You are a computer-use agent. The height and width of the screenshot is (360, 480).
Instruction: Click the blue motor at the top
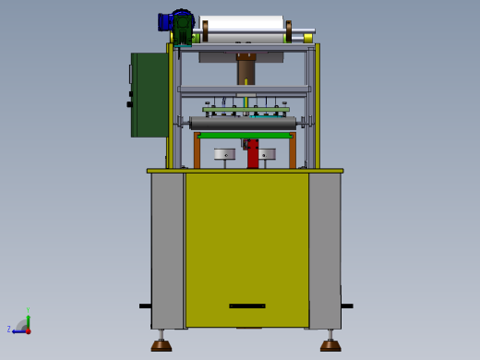coord(166,21)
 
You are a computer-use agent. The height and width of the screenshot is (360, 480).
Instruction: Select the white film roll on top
coord(243,24)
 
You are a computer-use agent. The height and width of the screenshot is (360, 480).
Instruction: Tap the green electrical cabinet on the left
coord(149,94)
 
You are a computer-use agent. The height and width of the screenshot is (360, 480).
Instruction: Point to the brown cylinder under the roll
coord(246,70)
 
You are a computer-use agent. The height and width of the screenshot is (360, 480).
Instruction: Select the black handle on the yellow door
coord(246,306)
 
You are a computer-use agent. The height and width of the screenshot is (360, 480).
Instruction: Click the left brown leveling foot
coord(162,345)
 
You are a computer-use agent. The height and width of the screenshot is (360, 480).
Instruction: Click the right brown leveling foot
coord(330,345)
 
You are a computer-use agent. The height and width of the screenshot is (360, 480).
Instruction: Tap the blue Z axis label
coord(9,329)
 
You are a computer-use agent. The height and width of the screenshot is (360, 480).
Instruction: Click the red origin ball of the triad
coord(28,330)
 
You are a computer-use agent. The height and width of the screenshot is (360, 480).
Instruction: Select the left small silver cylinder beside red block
coord(224,154)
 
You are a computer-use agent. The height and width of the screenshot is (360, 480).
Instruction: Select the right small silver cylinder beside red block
coord(267,154)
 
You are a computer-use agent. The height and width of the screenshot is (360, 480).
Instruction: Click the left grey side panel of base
coord(168,249)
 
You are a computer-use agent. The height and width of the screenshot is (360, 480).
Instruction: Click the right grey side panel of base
coord(324,249)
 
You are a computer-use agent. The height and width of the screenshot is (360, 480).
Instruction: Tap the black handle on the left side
coord(145,306)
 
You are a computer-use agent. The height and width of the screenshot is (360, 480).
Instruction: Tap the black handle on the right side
coord(346,306)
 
